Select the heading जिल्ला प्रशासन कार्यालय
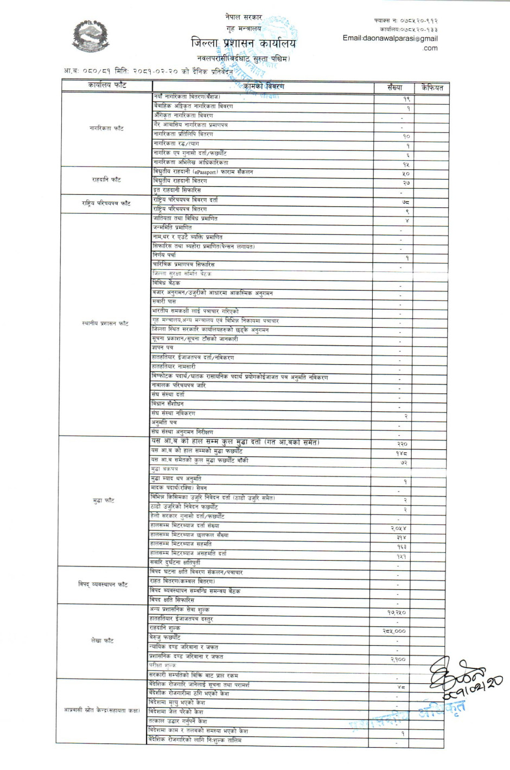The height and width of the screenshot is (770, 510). tap(244, 43)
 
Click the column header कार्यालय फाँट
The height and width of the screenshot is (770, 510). tap(107, 85)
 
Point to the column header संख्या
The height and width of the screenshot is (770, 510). tap(395, 87)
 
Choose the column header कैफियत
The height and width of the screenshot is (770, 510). tap(432, 87)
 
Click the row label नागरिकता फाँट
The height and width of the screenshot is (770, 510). tap(106, 129)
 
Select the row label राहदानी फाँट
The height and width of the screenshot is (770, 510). tap(106, 180)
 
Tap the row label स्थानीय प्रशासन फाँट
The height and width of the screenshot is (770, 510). tap(105, 323)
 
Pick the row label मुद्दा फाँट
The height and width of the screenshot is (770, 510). tap(104, 500)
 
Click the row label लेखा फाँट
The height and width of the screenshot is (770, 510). tap(102, 641)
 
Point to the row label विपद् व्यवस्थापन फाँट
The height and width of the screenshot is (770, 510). tap(103, 584)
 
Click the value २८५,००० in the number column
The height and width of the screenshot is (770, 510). tap(394, 631)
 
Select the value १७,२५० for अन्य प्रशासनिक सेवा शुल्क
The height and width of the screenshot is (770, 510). tap(397, 613)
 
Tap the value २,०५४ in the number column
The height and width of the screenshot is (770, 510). tap(398, 528)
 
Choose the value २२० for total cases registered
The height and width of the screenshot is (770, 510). tap(402, 444)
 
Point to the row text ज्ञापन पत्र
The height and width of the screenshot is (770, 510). tap(162, 348)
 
